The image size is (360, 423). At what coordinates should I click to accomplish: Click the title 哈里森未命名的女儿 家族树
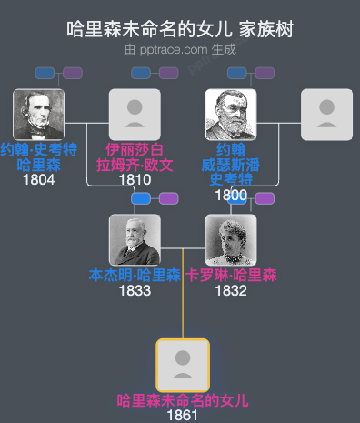[x=180, y=29]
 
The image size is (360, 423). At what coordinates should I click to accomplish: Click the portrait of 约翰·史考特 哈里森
[x=39, y=115]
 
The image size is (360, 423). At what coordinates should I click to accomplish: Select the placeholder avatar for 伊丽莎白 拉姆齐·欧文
[x=135, y=115]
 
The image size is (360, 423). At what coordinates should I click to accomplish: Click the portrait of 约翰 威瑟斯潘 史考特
[x=231, y=115]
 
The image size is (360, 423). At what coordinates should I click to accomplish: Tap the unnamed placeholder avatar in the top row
[x=326, y=115]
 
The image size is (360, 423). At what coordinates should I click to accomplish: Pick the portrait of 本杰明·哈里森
[x=135, y=240]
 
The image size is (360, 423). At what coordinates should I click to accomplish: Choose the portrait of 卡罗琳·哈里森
[x=231, y=240]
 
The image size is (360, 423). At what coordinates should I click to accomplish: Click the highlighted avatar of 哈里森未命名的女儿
[x=183, y=365]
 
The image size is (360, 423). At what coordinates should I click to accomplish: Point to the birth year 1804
[x=38, y=180]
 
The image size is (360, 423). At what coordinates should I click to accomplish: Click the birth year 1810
[x=135, y=180]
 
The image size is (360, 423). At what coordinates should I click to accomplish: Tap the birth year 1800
[x=231, y=195]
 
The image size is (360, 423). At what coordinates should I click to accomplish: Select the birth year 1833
[x=135, y=291]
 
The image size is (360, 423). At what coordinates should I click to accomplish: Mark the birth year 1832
[x=231, y=291]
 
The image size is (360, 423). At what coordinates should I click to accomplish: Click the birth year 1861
[x=183, y=415]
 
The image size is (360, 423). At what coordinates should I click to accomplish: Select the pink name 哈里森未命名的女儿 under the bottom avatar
[x=183, y=400]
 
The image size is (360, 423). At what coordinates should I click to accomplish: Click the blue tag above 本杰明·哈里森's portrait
[x=142, y=198]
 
